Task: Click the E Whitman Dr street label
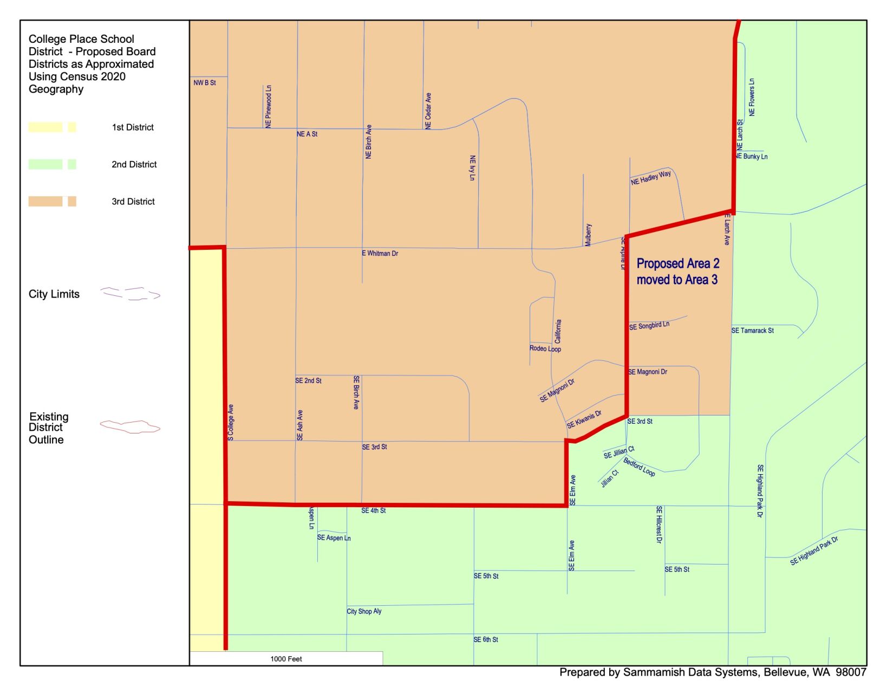(380, 253)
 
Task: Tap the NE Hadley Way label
(650, 178)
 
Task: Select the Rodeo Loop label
(545, 348)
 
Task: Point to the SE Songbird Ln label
(649, 326)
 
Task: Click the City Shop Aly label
(364, 611)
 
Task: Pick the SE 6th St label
(486, 639)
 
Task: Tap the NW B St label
(205, 83)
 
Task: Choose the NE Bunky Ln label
(752, 157)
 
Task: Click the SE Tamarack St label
(752, 331)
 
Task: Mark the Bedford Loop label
(639, 467)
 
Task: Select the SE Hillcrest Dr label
(659, 525)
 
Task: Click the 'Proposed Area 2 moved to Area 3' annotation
(677, 271)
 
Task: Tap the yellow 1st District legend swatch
(52, 127)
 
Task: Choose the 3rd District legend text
(133, 202)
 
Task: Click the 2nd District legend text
(134, 164)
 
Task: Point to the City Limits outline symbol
(130, 294)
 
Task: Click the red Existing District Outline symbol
(130, 427)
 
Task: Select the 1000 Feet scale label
(286, 659)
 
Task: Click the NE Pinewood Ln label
(269, 106)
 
